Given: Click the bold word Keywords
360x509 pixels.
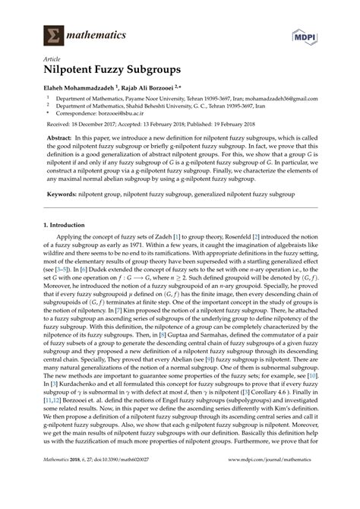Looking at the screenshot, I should click(x=62, y=194).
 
